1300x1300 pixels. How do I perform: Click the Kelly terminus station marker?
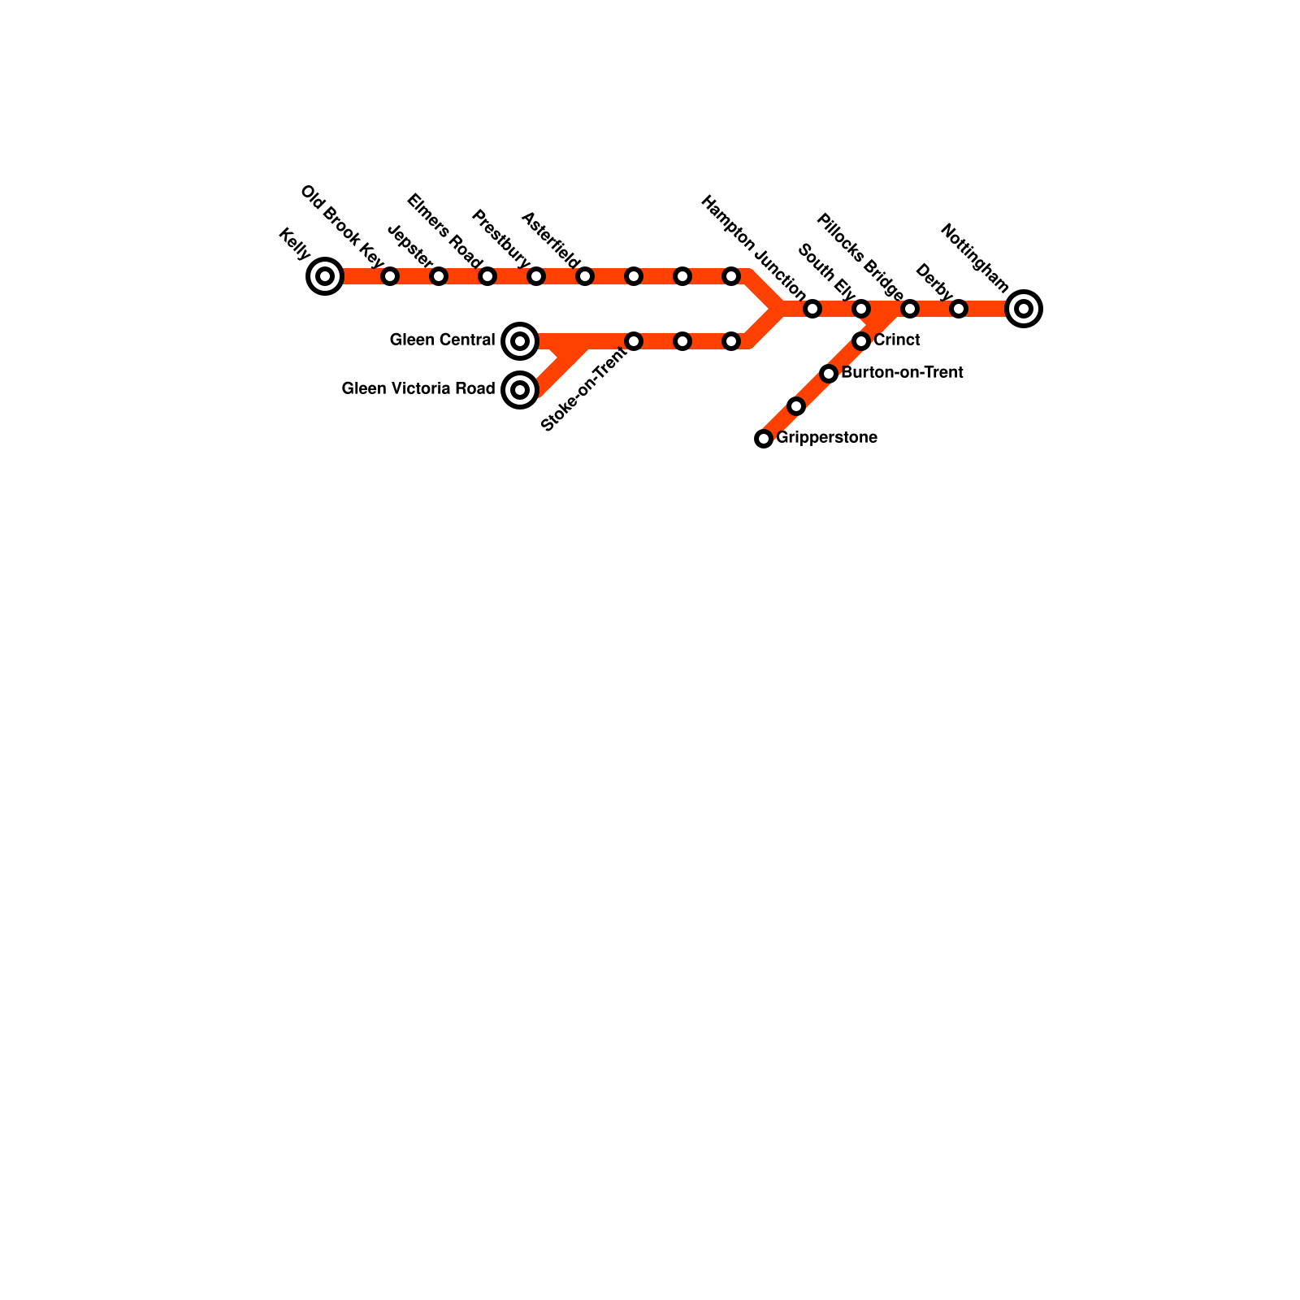(325, 276)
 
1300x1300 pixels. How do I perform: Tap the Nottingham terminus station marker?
(1024, 309)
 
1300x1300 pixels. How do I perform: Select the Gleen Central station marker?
(520, 341)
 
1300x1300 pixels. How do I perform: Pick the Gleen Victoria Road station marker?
(520, 390)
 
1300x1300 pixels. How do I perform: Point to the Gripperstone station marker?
(764, 439)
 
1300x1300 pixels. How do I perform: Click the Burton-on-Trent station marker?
(829, 374)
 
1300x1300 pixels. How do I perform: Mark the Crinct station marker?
(861, 341)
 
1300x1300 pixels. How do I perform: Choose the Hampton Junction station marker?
(812, 309)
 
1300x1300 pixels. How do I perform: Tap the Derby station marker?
(959, 309)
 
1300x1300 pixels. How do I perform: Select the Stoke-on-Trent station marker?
(634, 341)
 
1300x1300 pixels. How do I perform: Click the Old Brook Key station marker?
(390, 276)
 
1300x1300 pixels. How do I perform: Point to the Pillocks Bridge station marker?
(910, 309)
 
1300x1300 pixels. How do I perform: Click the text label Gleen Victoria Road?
(418, 389)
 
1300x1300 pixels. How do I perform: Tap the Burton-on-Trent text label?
(902, 373)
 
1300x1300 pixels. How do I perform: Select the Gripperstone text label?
(826, 438)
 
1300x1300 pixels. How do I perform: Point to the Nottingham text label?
(974, 258)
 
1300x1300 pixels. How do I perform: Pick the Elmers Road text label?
(444, 231)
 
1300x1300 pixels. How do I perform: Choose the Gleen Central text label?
(442, 340)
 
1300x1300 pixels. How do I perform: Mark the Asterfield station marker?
(585, 276)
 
